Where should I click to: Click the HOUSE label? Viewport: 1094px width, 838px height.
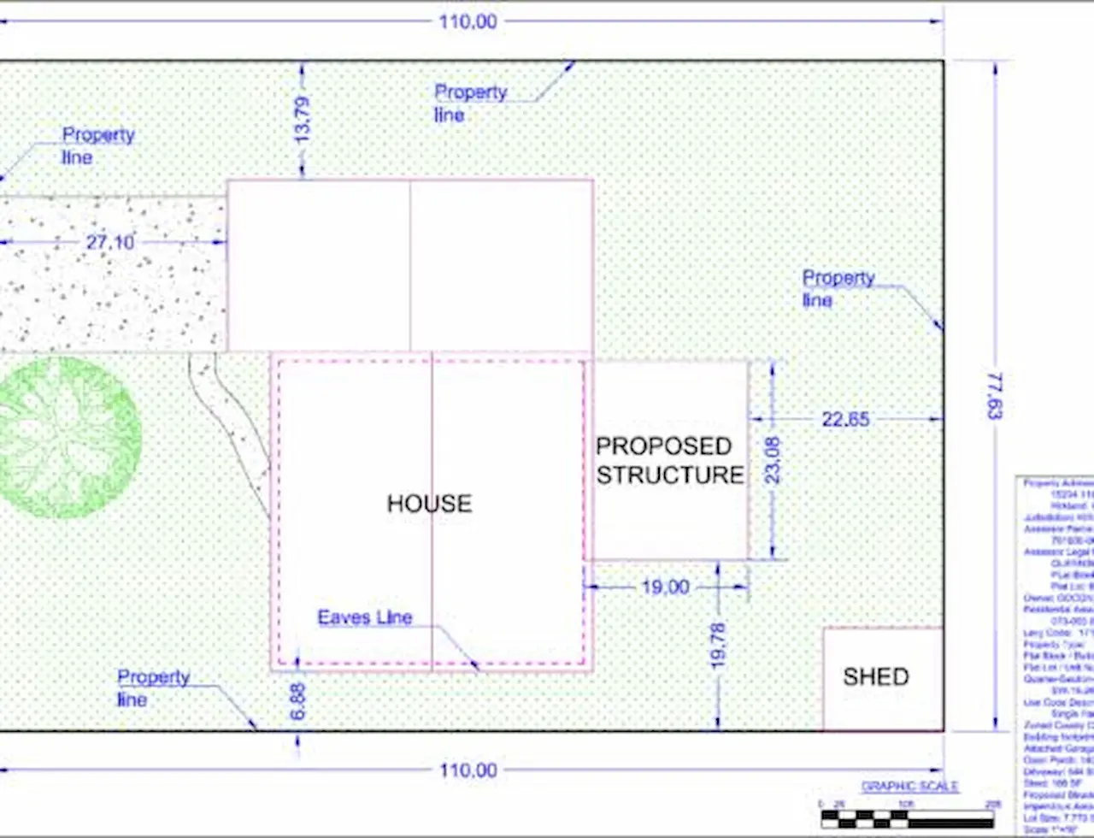point(429,504)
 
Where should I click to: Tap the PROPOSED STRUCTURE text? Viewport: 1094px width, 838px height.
point(669,460)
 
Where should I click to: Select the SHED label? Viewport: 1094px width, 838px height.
point(875,677)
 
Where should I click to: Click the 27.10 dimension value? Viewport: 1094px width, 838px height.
point(110,242)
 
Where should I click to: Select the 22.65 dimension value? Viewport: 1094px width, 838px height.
point(846,419)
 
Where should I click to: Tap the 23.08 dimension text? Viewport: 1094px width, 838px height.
point(773,460)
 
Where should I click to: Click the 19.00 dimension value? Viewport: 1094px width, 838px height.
point(665,587)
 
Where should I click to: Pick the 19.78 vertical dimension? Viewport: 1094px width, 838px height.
point(718,646)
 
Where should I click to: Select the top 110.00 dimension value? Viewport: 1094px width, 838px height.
point(468,21)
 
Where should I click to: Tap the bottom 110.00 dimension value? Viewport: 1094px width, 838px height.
point(468,770)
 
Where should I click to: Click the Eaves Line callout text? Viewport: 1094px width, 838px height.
point(365,617)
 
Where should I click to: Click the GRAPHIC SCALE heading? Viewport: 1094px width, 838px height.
point(909,787)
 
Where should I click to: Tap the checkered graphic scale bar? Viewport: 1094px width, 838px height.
point(907,818)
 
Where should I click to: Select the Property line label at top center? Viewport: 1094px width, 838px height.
point(470,103)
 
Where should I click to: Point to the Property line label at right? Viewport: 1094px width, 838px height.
point(838,288)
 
